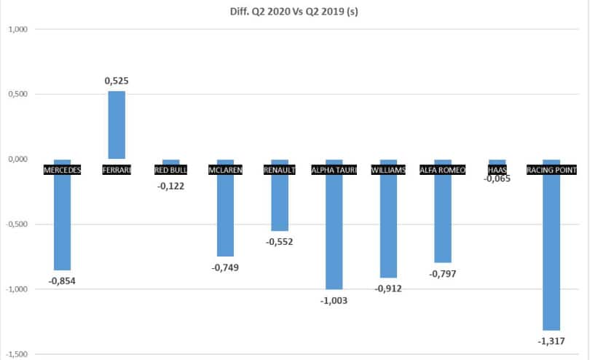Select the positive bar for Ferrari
pyautogui.click(x=117, y=125)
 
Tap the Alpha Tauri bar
pyautogui.click(x=334, y=233)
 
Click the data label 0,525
pyautogui.click(x=117, y=80)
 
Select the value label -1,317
pyautogui.click(x=551, y=341)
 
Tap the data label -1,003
pyautogui.click(x=334, y=300)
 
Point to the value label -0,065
pyautogui.click(x=497, y=178)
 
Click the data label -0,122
pyautogui.click(x=170, y=185)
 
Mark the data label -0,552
pyautogui.click(x=280, y=241)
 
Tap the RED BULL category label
pyautogui.click(x=170, y=171)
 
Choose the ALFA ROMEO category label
pyautogui.click(x=443, y=171)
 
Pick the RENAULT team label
pyautogui.click(x=280, y=171)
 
